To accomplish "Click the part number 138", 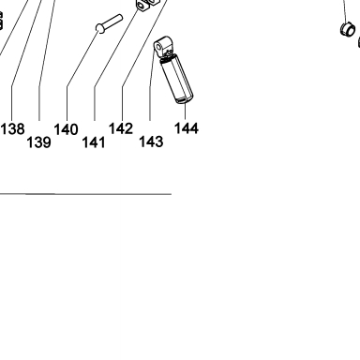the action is tap(12, 128).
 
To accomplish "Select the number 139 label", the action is tap(38, 142).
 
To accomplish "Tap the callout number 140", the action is tap(67, 129).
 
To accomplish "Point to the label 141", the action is tap(94, 142).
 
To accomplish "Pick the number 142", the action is tap(121, 128).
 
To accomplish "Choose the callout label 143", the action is tap(151, 142).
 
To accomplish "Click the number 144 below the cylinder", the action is tap(187, 128).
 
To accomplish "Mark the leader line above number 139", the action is tap(44, 59).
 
